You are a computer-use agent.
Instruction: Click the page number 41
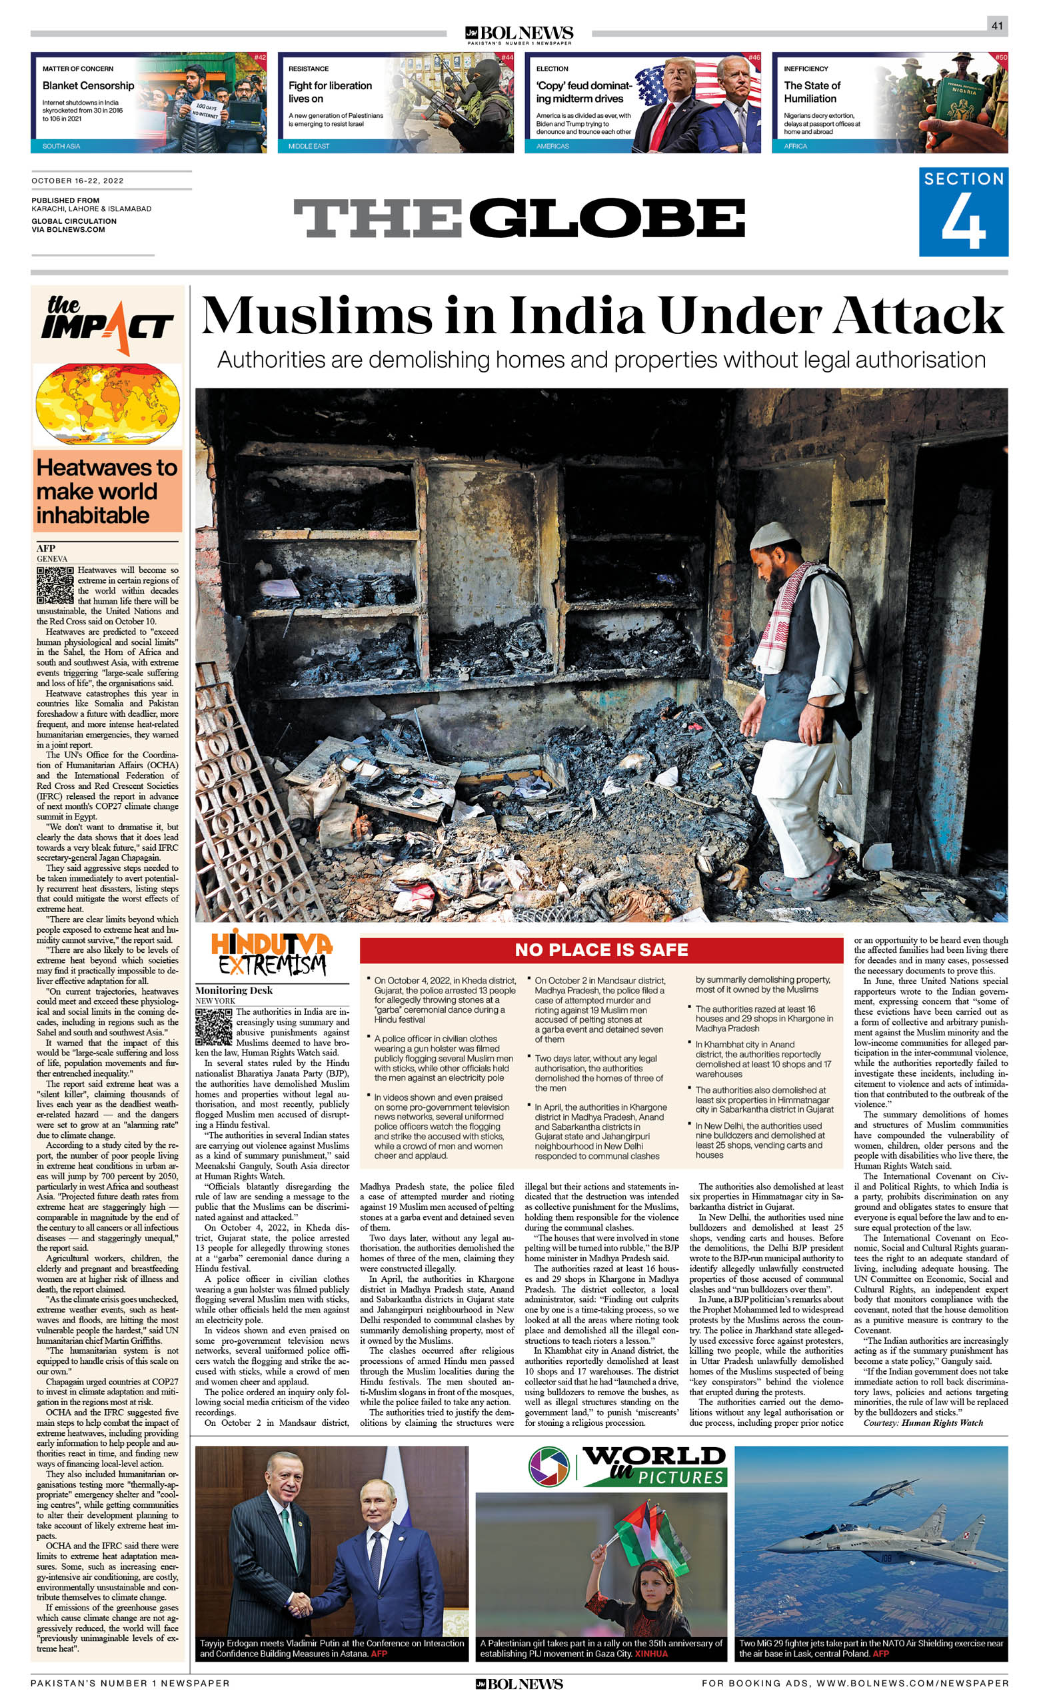(997, 25)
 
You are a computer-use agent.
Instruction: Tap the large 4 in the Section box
(963, 223)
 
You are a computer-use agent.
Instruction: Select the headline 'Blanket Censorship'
(88, 85)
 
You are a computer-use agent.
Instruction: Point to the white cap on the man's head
(770, 536)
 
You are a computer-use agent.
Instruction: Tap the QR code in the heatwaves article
(55, 585)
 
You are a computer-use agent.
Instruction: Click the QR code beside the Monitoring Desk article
(213, 1025)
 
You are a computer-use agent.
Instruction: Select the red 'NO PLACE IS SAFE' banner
(601, 949)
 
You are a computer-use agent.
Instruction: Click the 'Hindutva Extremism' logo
(271, 953)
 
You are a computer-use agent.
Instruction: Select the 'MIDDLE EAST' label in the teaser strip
(309, 146)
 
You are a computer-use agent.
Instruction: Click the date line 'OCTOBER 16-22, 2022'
(77, 181)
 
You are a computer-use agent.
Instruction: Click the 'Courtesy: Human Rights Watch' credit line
(923, 1422)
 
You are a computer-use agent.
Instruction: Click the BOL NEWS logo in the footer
(519, 1684)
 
